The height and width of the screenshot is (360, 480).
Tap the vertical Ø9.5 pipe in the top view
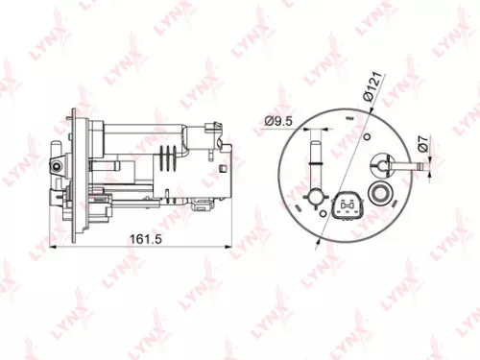click(312, 157)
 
